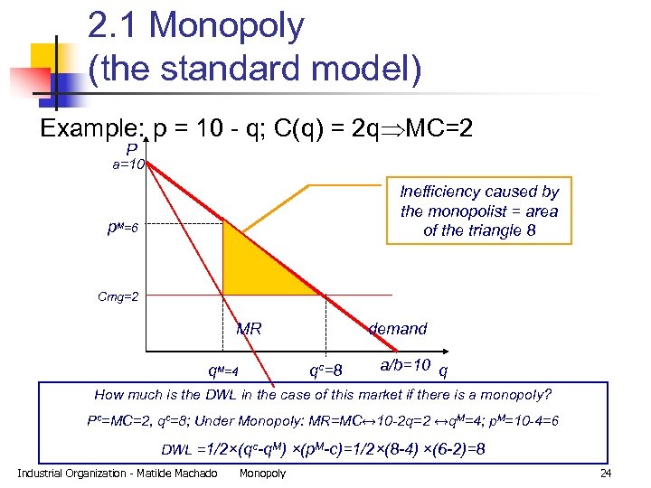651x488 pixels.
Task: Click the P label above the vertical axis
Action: coord(132,149)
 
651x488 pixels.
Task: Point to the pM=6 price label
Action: coord(120,228)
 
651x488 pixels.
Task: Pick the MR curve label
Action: coord(249,329)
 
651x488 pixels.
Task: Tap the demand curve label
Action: coord(398,329)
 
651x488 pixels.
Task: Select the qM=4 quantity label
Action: coord(223,371)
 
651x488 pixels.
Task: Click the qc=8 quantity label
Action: coord(325,370)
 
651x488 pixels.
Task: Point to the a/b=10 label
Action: coord(405,366)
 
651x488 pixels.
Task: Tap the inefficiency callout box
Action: coord(478,211)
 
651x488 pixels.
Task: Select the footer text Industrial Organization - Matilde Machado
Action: coord(118,474)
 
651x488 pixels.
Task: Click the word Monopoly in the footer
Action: coord(262,474)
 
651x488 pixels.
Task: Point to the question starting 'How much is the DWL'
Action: coord(323,395)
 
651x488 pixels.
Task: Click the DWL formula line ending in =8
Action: coord(323,449)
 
